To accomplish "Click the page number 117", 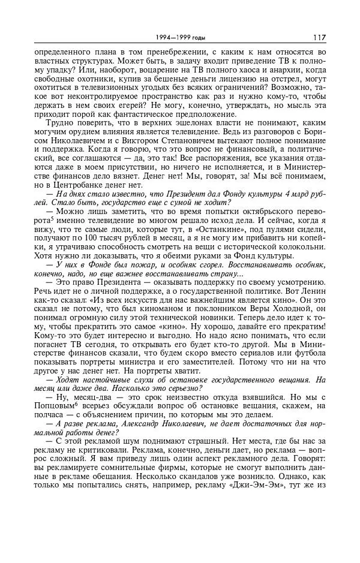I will point(319,37).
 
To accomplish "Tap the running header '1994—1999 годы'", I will point(180,38).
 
